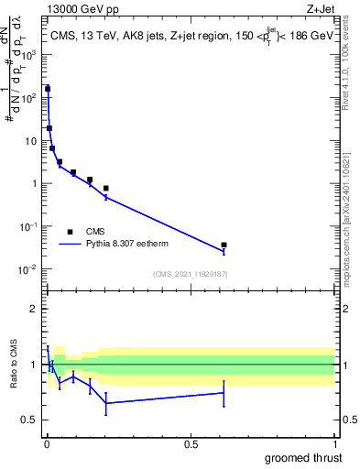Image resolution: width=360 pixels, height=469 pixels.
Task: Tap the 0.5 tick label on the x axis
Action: (191, 444)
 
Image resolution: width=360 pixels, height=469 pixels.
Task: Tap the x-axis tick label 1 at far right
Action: (334, 444)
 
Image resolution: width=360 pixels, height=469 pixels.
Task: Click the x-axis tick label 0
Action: (47, 444)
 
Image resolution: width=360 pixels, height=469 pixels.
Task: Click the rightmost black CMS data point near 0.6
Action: (224, 245)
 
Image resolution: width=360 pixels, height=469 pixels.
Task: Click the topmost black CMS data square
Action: (48, 89)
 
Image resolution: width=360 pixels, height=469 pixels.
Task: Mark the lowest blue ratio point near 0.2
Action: (106, 403)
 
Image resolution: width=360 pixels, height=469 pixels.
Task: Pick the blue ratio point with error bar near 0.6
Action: (224, 393)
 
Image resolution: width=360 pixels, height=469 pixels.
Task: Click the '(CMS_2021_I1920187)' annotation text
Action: (190, 273)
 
